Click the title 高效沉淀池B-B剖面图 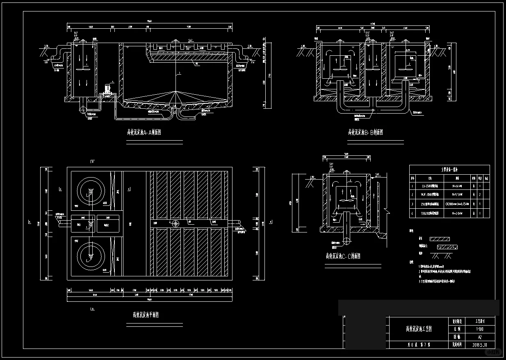click(x=365, y=132)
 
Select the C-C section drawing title click(x=343, y=256)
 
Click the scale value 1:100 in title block click(x=479, y=329)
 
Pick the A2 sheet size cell click(x=479, y=337)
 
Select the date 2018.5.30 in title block click(x=479, y=345)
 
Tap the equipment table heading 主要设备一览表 click(x=449, y=168)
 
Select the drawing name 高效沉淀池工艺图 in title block click(x=418, y=329)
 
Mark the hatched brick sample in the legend click(x=440, y=239)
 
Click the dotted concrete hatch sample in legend click(x=447, y=247)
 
